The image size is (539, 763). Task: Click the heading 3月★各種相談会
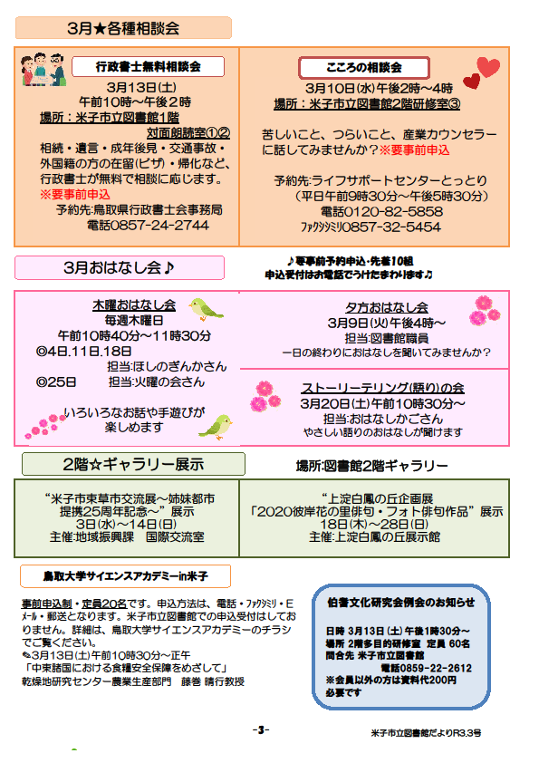[123, 28]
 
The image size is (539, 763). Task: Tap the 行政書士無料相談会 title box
[148, 67]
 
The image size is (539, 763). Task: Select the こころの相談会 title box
[364, 68]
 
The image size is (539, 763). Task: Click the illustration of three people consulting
[43, 70]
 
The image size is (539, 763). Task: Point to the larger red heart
[488, 67]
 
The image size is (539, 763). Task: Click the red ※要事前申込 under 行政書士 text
[75, 195]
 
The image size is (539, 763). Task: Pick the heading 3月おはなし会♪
[120, 267]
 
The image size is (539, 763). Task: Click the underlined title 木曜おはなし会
[134, 305]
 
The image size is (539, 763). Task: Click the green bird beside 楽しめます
[216, 427]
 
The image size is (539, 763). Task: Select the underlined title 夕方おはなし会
[387, 307]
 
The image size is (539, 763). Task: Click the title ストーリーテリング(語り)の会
[382, 388]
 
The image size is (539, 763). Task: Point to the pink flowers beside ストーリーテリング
[265, 396]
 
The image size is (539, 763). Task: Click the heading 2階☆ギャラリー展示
[133, 464]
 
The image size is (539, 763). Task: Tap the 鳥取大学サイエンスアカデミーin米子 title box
[126, 576]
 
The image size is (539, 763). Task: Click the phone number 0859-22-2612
[426, 668]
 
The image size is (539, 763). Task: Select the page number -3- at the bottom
[261, 729]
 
